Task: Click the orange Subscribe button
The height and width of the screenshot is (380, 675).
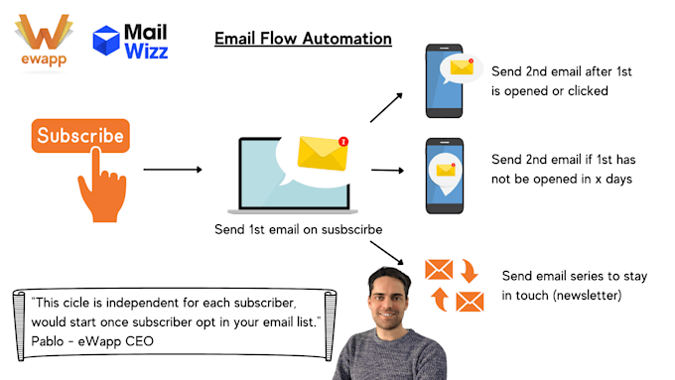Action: click(x=80, y=135)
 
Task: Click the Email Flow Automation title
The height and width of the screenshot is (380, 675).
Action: click(x=303, y=39)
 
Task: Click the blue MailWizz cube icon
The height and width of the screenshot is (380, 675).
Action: click(x=106, y=40)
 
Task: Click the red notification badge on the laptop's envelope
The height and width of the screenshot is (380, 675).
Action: click(x=342, y=141)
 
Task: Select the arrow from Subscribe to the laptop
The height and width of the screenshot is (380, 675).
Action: click(x=173, y=170)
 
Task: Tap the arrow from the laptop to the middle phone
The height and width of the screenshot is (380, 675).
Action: click(x=388, y=171)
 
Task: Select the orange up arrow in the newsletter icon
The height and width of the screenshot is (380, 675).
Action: click(x=438, y=298)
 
